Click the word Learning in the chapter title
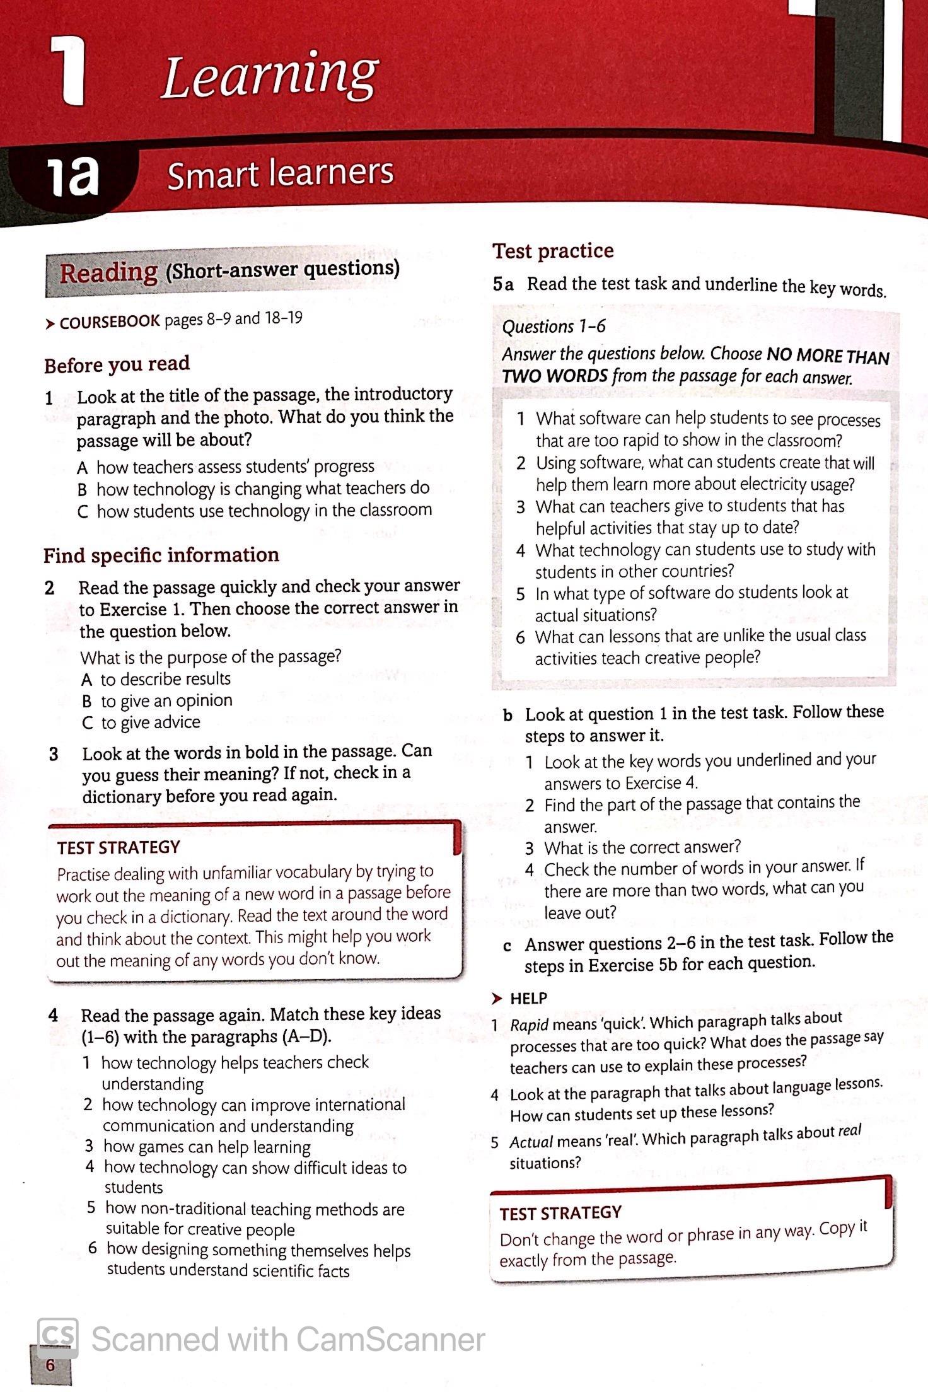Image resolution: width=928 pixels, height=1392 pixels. pos(269,77)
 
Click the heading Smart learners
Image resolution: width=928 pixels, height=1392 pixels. pos(280,173)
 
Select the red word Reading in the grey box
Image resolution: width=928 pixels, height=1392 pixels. pos(108,273)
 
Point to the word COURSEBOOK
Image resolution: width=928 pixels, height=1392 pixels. pos(110,322)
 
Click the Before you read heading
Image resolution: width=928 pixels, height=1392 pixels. pos(117,364)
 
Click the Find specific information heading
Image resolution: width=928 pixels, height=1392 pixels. pos(161,555)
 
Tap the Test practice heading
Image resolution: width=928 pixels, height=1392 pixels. pos(553,251)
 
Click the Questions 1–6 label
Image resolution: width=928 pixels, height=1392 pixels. pos(554,327)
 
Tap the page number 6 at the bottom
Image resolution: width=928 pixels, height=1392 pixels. pos(50,1365)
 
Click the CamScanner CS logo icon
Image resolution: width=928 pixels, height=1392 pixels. pos(58,1338)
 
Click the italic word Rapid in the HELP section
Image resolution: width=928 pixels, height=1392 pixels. pos(529,1025)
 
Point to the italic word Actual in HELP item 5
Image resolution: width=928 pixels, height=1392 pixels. pos(531,1142)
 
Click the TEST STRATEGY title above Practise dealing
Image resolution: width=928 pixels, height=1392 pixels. pos(119,847)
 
